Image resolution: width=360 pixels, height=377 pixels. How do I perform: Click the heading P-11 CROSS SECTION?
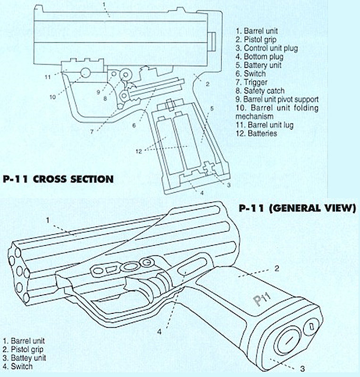pos(58,179)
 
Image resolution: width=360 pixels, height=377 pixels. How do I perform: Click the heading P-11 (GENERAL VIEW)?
pos(297,209)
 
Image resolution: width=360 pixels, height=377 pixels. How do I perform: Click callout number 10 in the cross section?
pos(52,98)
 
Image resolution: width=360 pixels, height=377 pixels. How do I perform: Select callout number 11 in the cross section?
pos(48,76)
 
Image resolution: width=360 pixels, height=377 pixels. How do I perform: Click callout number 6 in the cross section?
pos(134,125)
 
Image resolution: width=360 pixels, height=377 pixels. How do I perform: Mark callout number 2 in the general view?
pos(277,269)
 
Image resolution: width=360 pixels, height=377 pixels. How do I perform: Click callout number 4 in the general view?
pos(159,331)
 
